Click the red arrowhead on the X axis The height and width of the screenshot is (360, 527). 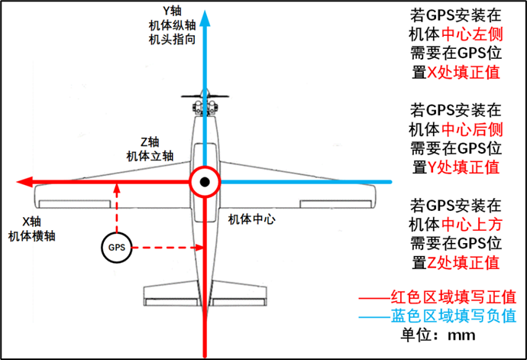point(24,182)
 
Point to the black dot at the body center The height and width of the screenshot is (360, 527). point(205,182)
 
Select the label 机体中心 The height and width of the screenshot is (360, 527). point(252,219)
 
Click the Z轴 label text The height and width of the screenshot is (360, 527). point(150,142)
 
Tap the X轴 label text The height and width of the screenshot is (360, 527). point(31,222)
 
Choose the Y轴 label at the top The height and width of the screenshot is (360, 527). point(172,11)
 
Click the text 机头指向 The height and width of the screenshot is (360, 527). point(172,40)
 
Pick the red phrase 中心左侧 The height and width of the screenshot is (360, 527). point(472,34)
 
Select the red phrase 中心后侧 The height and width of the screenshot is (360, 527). point(472,129)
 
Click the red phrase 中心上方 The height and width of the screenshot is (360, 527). point(472,225)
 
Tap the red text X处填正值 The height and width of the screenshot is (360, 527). point(463,73)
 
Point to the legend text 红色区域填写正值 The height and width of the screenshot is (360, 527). point(454,297)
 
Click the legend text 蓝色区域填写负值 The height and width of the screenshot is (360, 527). point(454,316)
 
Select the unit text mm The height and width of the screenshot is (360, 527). point(461,336)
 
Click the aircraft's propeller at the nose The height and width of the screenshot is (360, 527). point(205,96)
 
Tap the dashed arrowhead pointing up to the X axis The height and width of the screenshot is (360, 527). point(117,188)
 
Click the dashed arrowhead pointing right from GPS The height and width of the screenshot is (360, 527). point(199,248)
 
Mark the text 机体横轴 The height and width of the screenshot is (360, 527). point(31,236)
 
